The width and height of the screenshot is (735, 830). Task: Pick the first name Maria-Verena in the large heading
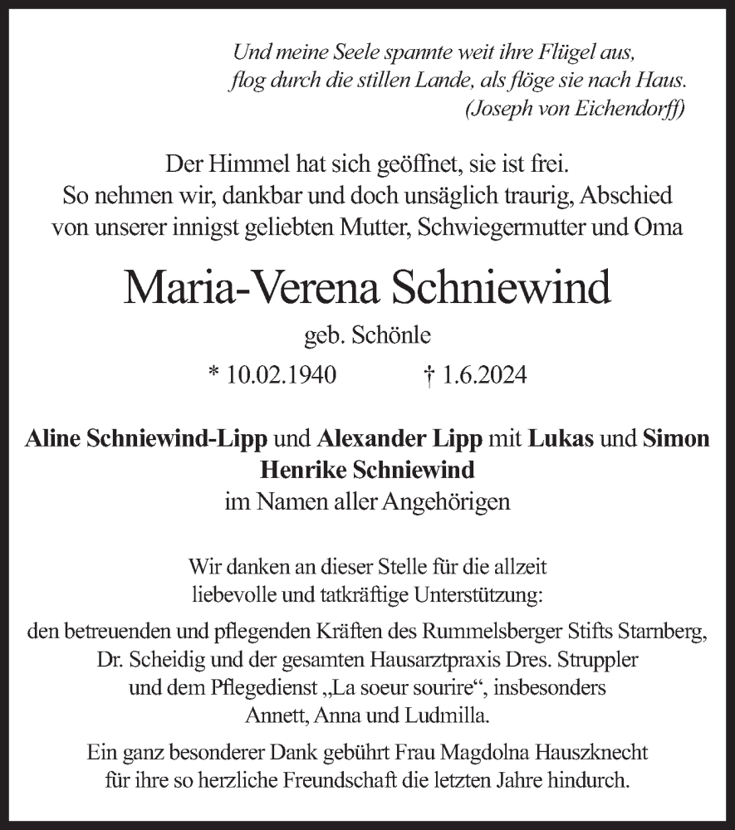[247, 287]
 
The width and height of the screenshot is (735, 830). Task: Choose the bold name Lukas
[561, 439]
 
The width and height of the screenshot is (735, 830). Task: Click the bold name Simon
[676, 439]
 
